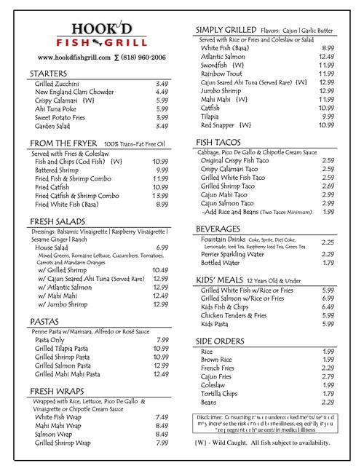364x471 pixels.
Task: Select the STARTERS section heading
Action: pos(52,75)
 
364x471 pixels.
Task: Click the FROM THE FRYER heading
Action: pos(63,143)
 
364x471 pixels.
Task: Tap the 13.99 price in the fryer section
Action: pos(160,195)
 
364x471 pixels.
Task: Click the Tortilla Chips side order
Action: pos(223,392)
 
